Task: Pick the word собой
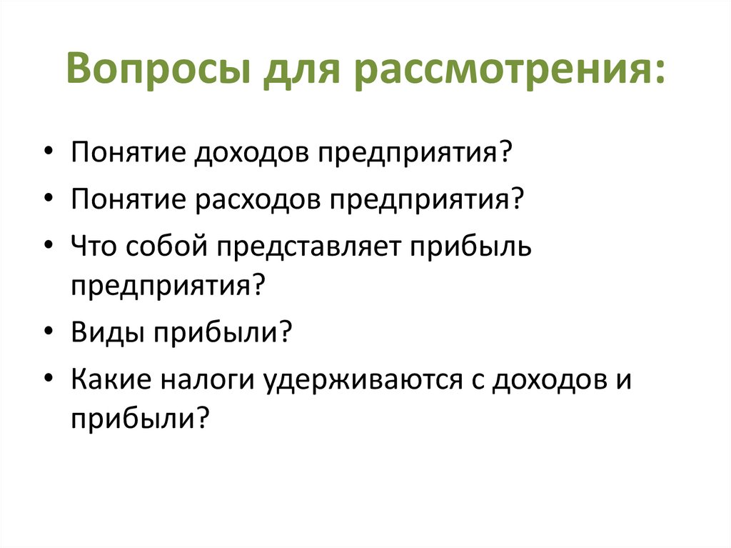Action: click(166, 247)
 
